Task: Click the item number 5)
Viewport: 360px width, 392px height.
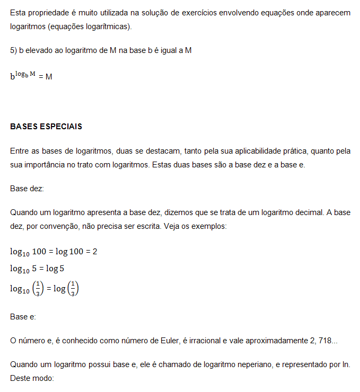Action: pos(14,50)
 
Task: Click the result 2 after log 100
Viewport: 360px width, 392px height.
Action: pos(95,251)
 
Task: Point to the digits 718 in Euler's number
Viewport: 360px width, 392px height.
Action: pos(326,341)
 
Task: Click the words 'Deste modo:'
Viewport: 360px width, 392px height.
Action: pos(32,379)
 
